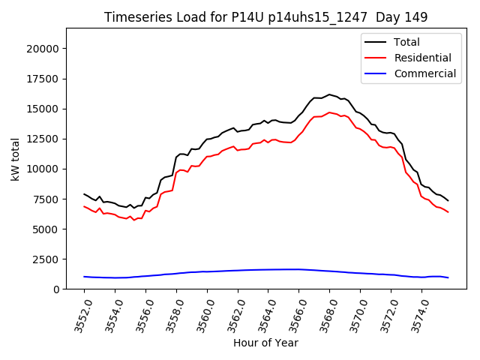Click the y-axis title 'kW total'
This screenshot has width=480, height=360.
point(16,158)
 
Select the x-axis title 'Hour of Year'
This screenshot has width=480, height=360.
point(265,343)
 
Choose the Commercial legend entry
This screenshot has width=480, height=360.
point(424,73)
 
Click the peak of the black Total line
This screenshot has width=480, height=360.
point(329,94)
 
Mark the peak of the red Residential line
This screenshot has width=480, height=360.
point(329,112)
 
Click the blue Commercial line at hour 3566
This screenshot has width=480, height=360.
point(298,269)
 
